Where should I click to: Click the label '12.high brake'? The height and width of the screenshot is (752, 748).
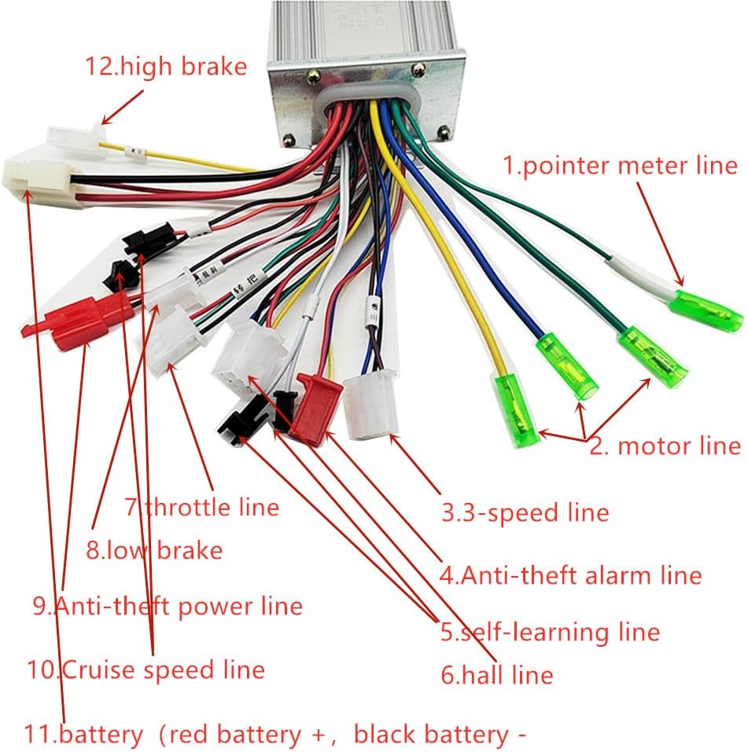pyautogui.click(x=165, y=66)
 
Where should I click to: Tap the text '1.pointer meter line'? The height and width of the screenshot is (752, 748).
pyautogui.click(x=621, y=165)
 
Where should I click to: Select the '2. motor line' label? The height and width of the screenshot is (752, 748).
pyautogui.click(x=665, y=446)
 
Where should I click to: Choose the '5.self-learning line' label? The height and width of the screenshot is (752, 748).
pyautogui.click(x=550, y=631)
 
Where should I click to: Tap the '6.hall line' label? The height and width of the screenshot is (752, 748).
pyautogui.click(x=496, y=673)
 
